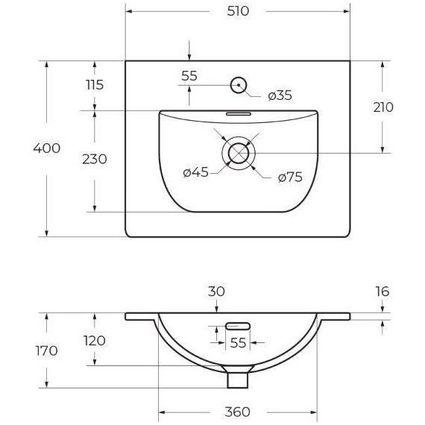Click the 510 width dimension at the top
[237, 11]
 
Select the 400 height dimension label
[46, 148]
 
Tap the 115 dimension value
[94, 85]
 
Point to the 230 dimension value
[94, 159]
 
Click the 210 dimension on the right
[382, 107]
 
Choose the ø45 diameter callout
[195, 172]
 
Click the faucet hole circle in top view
[239, 85]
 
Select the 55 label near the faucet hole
[189, 75]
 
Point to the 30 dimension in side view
[216, 292]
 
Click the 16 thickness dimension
[382, 292]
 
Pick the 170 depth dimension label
[46, 351]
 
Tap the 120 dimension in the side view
[94, 341]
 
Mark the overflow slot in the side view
[237, 325]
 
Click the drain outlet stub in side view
[238, 380]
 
